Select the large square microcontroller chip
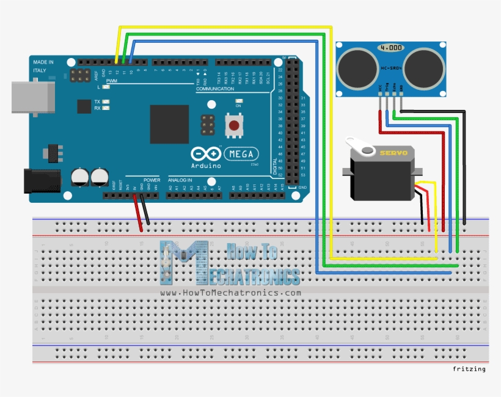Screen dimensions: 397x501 tap(169, 124)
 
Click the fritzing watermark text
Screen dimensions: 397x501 tap(469, 369)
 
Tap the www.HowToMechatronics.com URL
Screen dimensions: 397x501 tap(230, 293)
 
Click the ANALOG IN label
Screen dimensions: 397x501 tap(180, 180)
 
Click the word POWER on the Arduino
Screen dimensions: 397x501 tap(152, 180)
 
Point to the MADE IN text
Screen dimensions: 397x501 tap(43, 62)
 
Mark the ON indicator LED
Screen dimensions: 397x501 tap(239, 101)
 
